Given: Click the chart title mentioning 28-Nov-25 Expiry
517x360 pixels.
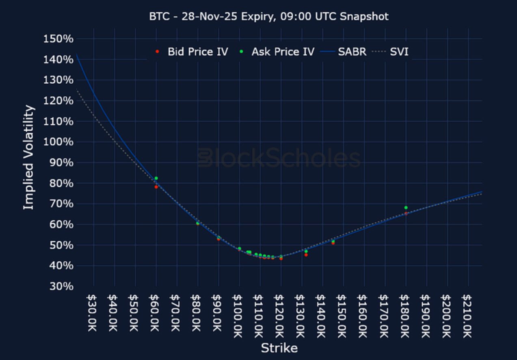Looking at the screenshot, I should click(x=268, y=17).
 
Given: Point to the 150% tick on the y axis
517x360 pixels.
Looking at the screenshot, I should click(x=58, y=39).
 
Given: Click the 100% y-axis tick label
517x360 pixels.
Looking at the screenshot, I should click(x=58, y=143).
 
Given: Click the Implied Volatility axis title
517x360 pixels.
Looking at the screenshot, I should click(x=28, y=158).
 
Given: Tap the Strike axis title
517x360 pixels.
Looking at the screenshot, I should click(x=279, y=348).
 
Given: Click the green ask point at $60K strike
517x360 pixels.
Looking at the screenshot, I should click(x=156, y=178).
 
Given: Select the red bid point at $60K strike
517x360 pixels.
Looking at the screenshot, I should click(x=156, y=187).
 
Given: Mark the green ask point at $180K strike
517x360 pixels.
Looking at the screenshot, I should click(x=406, y=208).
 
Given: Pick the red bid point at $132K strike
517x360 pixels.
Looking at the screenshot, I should click(x=306, y=255).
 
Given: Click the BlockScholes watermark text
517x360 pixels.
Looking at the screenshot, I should click(x=279, y=158).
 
